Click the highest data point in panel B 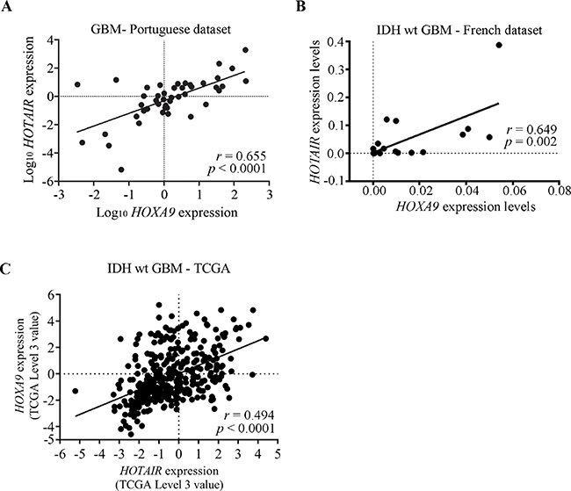pos(500,45)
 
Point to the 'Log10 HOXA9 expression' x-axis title pos(146,212)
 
